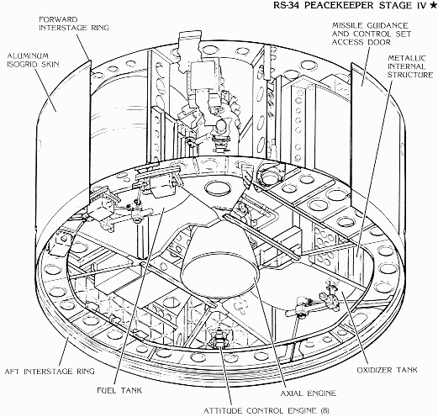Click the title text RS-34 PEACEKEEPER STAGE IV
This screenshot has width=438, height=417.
tap(350, 6)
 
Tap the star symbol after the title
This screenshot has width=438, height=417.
tap(432, 6)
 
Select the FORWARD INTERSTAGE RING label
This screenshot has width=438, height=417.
tap(74, 24)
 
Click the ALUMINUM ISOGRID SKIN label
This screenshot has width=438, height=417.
tap(33, 60)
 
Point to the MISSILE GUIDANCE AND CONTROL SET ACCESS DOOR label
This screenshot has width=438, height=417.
tap(372, 34)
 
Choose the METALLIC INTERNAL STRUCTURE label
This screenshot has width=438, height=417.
tap(410, 66)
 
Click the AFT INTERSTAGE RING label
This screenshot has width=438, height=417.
tap(50, 372)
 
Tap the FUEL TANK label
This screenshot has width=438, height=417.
tap(119, 390)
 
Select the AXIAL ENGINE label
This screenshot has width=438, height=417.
tap(309, 393)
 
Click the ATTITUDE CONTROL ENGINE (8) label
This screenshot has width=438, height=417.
tap(266, 411)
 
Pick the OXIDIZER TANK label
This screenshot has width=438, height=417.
tap(387, 370)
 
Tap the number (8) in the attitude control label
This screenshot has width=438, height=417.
tap(325, 411)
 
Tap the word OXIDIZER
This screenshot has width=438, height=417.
tap(374, 370)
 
